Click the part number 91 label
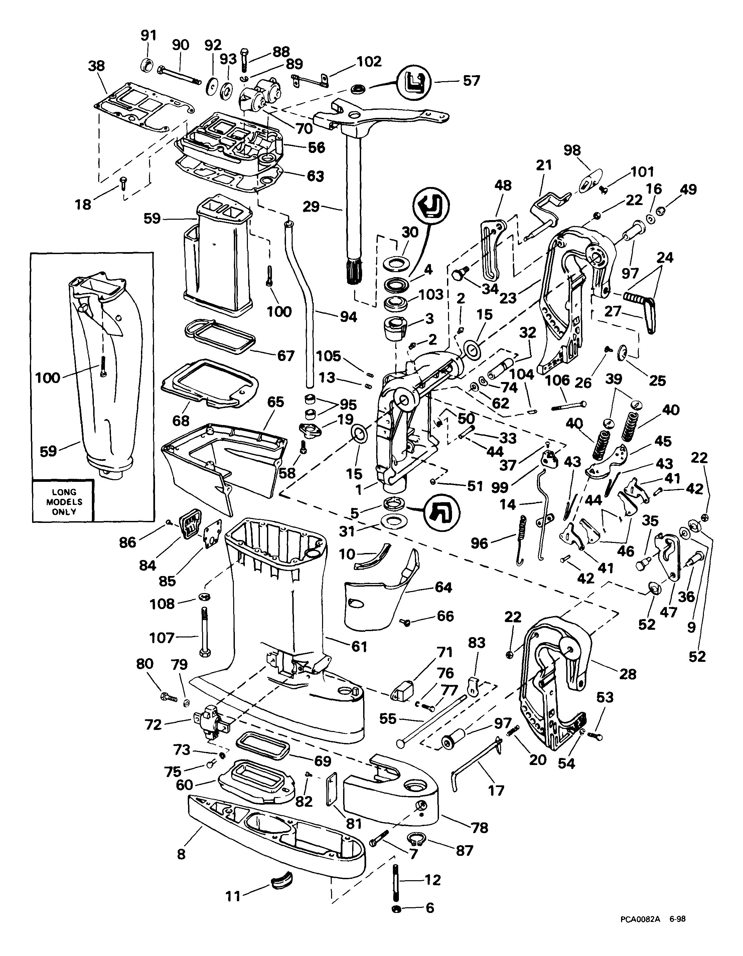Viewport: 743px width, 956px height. coord(148,35)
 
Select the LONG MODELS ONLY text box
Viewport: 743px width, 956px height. coord(64,502)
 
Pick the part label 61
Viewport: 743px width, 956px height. coord(359,646)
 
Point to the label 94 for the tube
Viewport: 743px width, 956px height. coord(348,317)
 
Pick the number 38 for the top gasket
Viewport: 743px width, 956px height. coord(96,66)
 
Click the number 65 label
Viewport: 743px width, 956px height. coord(275,402)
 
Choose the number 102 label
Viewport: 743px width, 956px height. coord(369,62)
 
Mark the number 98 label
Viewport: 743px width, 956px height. coord(572,150)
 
